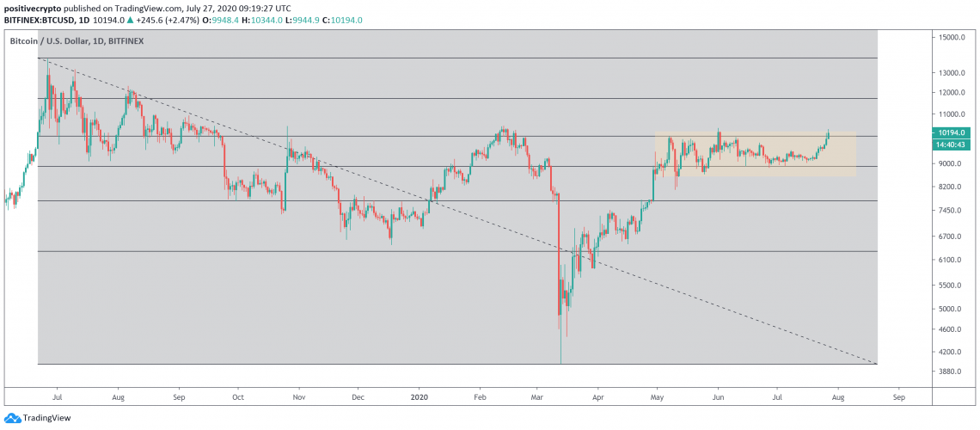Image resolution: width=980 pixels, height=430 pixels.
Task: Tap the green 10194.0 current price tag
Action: (x=952, y=132)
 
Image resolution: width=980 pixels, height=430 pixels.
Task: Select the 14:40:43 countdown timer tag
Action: (x=952, y=144)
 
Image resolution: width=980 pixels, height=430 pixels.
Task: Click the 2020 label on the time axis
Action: (x=420, y=396)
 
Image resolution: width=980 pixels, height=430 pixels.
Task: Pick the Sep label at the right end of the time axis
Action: (x=898, y=396)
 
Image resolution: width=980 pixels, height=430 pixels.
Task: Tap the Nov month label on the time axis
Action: (x=299, y=396)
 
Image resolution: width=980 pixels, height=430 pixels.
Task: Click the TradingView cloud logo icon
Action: (x=10, y=417)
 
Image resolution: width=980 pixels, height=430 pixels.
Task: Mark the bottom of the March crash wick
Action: (x=560, y=363)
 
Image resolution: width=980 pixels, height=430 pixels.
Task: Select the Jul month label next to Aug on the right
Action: (x=777, y=396)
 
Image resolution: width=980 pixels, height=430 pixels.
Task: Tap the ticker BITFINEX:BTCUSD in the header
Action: (x=38, y=20)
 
